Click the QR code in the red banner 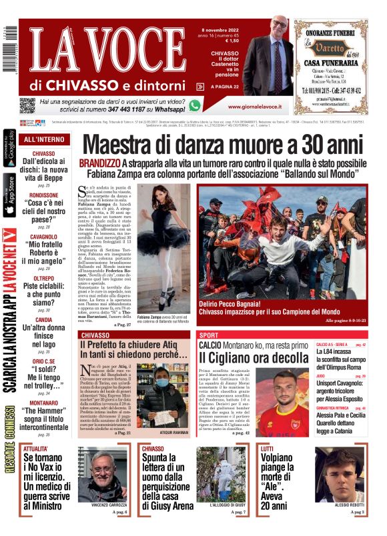coord(27,105)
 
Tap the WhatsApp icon coord(195,105)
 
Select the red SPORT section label coord(209,335)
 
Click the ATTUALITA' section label coord(36,449)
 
